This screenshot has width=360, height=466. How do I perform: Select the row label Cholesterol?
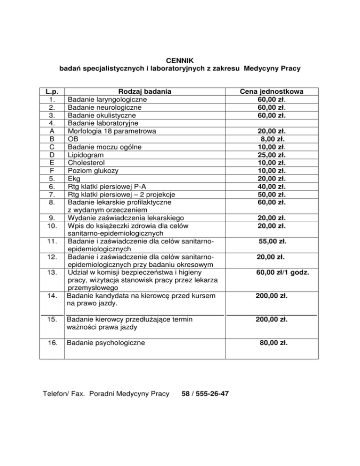coord(88,163)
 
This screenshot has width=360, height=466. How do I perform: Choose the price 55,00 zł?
coord(273,242)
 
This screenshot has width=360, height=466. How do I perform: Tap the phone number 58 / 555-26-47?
coord(205,393)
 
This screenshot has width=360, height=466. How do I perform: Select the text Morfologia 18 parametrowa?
coord(112,131)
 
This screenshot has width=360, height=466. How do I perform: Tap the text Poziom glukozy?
coord(93,171)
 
